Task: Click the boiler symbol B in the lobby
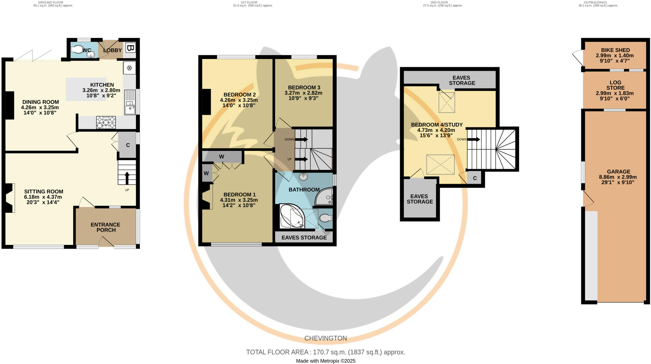pyautogui.click(x=130, y=48)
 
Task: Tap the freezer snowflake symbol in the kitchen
pyautogui.click(x=130, y=68)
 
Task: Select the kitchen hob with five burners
pyautogui.click(x=106, y=122)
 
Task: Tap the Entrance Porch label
pyautogui.click(x=106, y=227)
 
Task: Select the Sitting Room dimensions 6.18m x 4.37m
pyautogui.click(x=43, y=197)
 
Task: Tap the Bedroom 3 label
pyautogui.click(x=304, y=87)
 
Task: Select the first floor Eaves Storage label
pyautogui.click(x=304, y=238)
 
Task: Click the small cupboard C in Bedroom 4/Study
pyautogui.click(x=475, y=178)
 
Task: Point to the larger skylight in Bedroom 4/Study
pyautogui.click(x=440, y=165)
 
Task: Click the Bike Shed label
pyautogui.click(x=615, y=50)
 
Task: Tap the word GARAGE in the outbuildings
pyautogui.click(x=618, y=172)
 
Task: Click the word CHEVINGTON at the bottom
pyautogui.click(x=325, y=338)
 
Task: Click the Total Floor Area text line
pyautogui.click(x=325, y=352)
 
